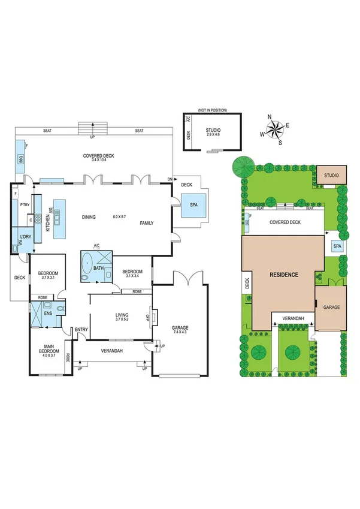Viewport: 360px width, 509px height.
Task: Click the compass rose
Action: pyautogui.click(x=276, y=128)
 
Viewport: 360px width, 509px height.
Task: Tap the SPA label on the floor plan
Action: pyautogui.click(x=193, y=204)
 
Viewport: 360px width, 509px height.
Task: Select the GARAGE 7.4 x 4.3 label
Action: pyautogui.click(x=180, y=330)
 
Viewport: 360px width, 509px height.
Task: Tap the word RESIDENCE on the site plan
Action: pyautogui.click(x=283, y=275)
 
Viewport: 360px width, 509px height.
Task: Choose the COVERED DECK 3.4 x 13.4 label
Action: pyautogui.click(x=98, y=158)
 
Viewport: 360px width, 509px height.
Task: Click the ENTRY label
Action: pyautogui.click(x=81, y=330)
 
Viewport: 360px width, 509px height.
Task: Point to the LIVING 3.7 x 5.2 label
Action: pyautogui.click(x=122, y=317)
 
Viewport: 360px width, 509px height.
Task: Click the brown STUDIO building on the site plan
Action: pyautogui.click(x=331, y=175)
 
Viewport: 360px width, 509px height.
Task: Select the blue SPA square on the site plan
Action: pyautogui.click(x=337, y=246)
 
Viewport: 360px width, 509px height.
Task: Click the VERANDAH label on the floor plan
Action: pyautogui.click(x=111, y=351)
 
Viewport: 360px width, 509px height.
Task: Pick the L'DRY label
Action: pyautogui.click(x=25, y=237)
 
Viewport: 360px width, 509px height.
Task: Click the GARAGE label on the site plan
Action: pyautogui.click(x=331, y=307)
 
